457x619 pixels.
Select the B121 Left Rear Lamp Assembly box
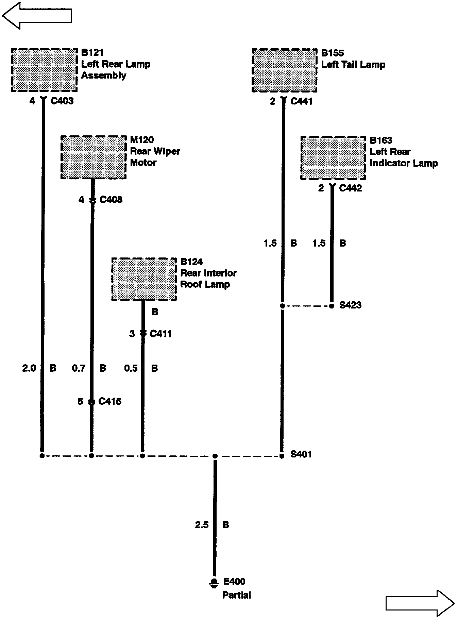pos(44,70)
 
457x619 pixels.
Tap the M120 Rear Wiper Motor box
pos(94,157)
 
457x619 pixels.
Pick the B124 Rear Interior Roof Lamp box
pos(144,279)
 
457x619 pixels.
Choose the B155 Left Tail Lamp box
pos(285,70)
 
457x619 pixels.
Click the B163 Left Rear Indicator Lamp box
pos(333,158)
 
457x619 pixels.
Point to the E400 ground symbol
pos(214,583)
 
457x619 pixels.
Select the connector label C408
pos(111,200)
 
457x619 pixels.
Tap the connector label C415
pos(110,401)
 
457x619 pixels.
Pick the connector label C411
pos(161,334)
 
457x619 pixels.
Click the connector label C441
pos(301,101)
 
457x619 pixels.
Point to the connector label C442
pos(351,188)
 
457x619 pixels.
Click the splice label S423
pos(350,305)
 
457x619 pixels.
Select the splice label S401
pos(301,454)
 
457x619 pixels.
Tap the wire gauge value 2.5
pos(202,525)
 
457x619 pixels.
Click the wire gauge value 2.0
pos(29,368)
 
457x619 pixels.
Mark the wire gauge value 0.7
pos(79,368)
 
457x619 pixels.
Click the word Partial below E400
pos(237,595)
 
